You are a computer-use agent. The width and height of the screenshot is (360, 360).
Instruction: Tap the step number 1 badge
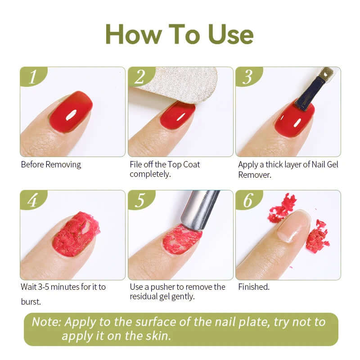pos(32,77)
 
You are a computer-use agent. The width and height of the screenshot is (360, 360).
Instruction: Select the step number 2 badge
pos(140,77)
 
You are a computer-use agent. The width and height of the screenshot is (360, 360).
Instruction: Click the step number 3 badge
pos(248,77)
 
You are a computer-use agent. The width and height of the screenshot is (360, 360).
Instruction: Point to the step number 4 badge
pos(32,200)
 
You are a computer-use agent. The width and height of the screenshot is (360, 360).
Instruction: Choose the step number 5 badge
pos(140,200)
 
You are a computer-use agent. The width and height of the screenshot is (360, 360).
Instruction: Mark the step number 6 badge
pos(248,200)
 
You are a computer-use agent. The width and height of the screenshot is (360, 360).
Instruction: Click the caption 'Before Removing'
pos(51,164)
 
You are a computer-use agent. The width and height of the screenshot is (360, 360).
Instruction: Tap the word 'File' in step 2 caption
pos(136,164)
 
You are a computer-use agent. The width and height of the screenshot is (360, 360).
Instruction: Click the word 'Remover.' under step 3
pos(255,175)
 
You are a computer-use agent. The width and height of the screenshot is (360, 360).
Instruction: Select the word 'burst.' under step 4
pos(31,301)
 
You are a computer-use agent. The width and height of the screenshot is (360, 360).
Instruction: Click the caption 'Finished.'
pos(254,287)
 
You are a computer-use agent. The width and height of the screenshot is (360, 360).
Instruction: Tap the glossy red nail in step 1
pos(72,112)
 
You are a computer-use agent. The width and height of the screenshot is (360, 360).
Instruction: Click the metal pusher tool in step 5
pos(200,209)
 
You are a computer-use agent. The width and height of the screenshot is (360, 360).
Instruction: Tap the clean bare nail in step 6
pos(293,226)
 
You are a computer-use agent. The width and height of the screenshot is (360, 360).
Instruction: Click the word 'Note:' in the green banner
pos(46,322)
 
